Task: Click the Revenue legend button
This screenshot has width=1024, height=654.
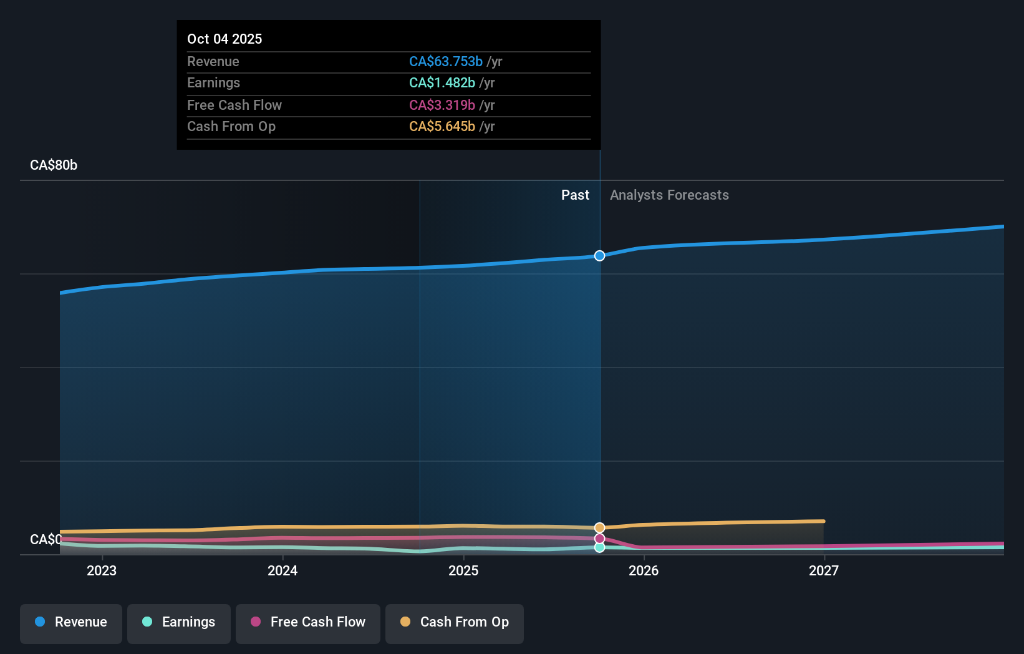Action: click(71, 622)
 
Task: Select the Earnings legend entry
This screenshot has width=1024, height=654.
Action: click(179, 622)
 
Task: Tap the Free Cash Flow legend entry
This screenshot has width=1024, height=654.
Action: click(308, 622)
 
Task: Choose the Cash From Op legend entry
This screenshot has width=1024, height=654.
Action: click(455, 622)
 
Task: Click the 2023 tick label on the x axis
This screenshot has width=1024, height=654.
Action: click(102, 570)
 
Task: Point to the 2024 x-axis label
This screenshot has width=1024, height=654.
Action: click(283, 570)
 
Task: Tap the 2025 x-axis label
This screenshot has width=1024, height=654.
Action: click(463, 570)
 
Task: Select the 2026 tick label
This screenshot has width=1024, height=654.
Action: click(644, 570)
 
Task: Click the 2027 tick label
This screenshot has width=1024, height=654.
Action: click(824, 570)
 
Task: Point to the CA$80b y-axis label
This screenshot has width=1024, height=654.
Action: click(54, 165)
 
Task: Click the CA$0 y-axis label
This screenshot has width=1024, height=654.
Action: click(46, 539)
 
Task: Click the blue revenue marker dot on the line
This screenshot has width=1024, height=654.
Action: click(599, 256)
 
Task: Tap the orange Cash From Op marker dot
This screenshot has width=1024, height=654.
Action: click(599, 528)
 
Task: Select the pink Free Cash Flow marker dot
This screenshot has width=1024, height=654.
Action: click(599, 539)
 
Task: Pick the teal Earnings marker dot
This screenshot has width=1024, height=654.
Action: click(599, 547)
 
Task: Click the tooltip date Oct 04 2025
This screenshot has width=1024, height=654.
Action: click(225, 39)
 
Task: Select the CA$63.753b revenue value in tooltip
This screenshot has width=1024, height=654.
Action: click(445, 62)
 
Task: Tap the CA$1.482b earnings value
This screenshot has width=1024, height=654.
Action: click(442, 83)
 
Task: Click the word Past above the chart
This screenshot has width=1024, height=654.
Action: click(575, 195)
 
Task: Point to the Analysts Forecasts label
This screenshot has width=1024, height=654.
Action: click(669, 195)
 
